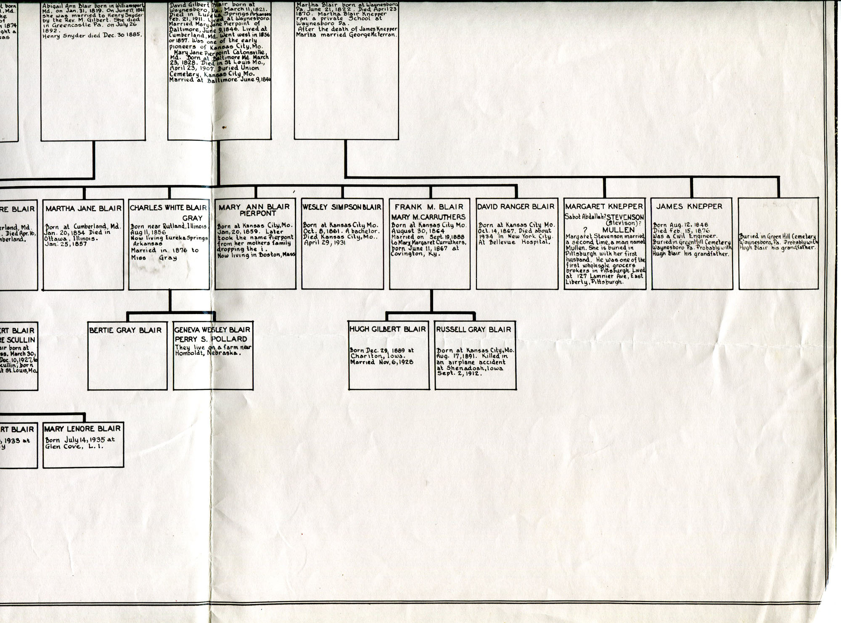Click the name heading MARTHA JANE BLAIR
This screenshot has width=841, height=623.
pos(83,209)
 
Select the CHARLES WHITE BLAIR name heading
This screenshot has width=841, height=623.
pos(168,208)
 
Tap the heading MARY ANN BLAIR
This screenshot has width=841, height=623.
pos(254,207)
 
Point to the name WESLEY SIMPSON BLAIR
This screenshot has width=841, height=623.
pos(341,207)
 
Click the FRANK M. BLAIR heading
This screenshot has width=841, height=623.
pos(428,207)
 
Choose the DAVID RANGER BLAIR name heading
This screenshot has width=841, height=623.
pos(516,206)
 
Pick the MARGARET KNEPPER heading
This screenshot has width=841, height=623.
pos(604,206)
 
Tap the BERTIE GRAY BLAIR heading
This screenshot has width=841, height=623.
pos(125,330)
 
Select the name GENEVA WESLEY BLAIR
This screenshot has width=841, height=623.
pos(212,330)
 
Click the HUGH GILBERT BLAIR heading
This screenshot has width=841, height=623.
pos(387,329)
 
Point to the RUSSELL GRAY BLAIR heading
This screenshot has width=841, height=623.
pos(473,330)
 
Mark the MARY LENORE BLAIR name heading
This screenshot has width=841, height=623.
pos(82,429)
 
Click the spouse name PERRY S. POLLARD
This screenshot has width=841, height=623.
pos(211,339)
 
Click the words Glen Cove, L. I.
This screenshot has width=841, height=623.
pos(74,446)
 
